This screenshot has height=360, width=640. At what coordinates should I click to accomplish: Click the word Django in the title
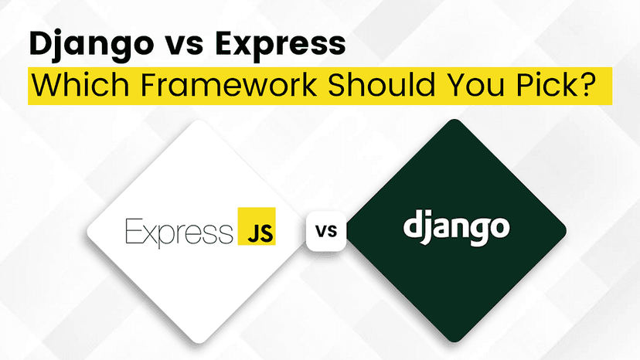(x=90, y=45)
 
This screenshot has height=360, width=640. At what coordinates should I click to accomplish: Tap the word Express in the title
(x=281, y=45)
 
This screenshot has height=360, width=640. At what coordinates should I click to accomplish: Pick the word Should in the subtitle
(x=381, y=84)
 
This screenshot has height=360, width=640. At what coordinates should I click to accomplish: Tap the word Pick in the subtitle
(x=545, y=84)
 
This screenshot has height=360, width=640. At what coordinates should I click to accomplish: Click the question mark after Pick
(x=584, y=84)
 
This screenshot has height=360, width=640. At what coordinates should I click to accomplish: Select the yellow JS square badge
(x=257, y=226)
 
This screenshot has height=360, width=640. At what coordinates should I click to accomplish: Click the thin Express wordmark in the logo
(x=179, y=233)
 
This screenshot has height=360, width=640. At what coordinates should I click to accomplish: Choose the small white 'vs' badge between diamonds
(x=326, y=231)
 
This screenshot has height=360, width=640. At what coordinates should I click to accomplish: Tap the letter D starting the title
(x=42, y=44)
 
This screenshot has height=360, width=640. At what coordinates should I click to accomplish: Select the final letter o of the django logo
(x=499, y=228)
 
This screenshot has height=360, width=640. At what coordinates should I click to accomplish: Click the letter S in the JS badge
(x=266, y=233)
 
